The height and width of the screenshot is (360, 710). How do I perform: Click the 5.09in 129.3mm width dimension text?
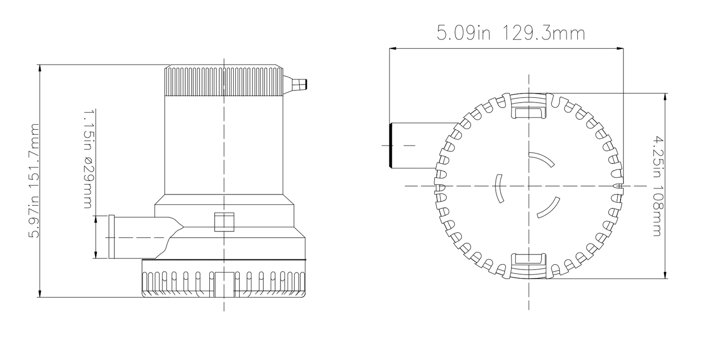511,33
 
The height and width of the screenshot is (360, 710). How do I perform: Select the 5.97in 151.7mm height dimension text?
34,181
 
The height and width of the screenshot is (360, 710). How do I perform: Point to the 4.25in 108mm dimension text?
658,186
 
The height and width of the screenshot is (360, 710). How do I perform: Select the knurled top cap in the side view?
224,81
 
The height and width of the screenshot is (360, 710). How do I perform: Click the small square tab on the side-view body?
225,222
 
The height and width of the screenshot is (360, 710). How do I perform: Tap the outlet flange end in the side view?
112,237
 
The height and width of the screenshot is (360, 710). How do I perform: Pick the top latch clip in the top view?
529,106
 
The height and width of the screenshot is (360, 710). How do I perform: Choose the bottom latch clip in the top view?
529,266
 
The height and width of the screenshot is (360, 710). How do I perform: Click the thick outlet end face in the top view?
391,145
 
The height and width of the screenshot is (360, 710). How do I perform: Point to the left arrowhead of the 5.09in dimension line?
393,49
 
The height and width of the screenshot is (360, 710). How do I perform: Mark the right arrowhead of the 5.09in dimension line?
620,49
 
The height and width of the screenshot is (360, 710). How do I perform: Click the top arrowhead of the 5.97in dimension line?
40,68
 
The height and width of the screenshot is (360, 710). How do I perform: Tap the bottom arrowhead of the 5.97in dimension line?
40,293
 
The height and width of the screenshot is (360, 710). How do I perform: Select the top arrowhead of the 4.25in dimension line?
665,97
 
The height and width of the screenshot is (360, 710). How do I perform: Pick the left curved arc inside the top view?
498,188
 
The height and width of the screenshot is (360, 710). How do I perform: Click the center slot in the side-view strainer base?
225,284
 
